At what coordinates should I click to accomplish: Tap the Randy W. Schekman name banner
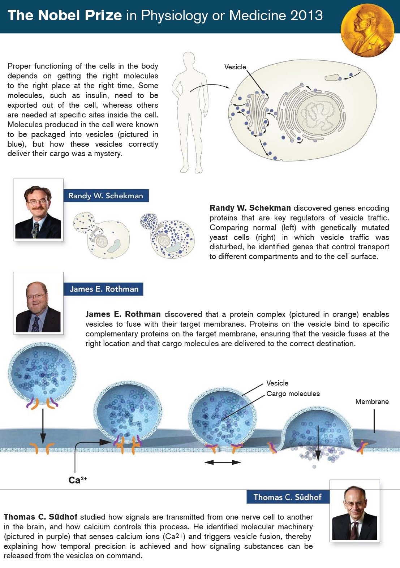pyautogui.click(x=106, y=196)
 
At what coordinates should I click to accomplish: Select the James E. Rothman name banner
pyautogui.click(x=104, y=289)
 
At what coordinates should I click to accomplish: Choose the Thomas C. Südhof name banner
pyautogui.click(x=288, y=497)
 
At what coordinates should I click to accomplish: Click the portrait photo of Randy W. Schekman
pyautogui.click(x=38, y=210)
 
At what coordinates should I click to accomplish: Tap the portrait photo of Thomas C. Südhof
pyautogui.click(x=354, y=511)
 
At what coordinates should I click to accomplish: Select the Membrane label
pyautogui.click(x=372, y=401)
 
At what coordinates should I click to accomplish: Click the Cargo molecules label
pyautogui.click(x=293, y=393)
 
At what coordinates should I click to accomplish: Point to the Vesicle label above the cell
pyautogui.click(x=235, y=67)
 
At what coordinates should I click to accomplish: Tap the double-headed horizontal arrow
pyautogui.click(x=223, y=462)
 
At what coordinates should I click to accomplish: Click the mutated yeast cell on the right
pyautogui.click(x=167, y=236)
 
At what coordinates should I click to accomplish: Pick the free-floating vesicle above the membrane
pyautogui.click(x=42, y=376)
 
